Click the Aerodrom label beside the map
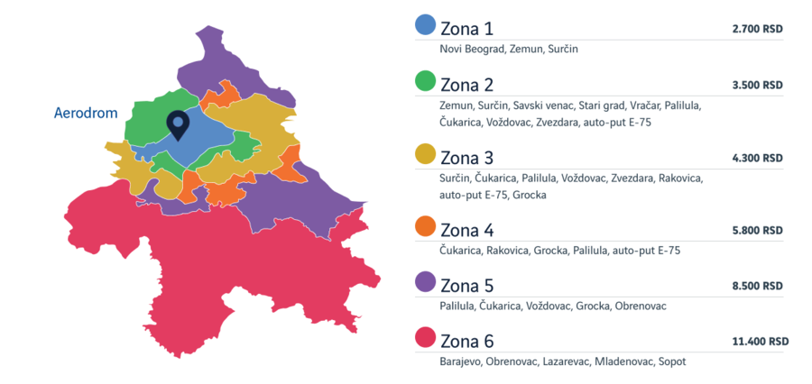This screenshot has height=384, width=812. click(87, 114)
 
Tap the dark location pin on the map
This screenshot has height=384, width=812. click(179, 124)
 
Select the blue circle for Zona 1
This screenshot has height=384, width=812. click(425, 25)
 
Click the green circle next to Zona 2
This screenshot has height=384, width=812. click(425, 83)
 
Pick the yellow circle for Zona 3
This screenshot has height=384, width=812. click(425, 154)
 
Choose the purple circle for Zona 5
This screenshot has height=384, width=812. click(425, 283)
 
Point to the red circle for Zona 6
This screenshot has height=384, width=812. click(425, 339)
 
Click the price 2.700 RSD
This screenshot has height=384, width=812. click(757, 29)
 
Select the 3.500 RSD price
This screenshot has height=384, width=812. click(757, 86)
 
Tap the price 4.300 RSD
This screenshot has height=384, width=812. click(757, 158)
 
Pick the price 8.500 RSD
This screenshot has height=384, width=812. click(757, 286)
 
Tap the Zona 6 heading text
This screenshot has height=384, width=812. click(466, 341)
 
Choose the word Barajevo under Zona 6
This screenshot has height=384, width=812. click(460, 361)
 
